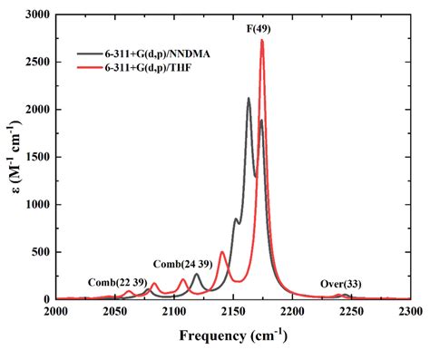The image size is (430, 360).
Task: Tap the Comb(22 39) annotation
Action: tap(113, 281)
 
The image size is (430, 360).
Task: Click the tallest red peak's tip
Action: tap(262, 40)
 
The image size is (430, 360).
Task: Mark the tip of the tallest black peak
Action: tap(249, 99)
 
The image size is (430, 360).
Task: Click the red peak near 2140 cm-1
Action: tap(222, 252)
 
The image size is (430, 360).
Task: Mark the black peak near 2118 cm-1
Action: tap(196, 274)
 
